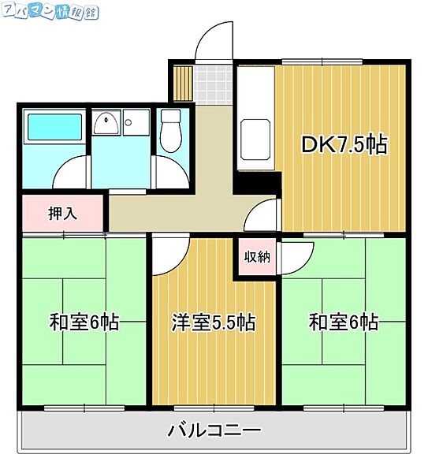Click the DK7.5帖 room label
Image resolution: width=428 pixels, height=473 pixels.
tap(344, 145)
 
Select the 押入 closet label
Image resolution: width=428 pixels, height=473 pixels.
tap(63, 213)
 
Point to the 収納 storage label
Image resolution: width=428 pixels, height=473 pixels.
tap(256, 255)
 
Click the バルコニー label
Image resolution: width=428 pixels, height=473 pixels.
tap(214, 431)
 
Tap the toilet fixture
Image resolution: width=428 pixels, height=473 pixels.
tap(170, 129)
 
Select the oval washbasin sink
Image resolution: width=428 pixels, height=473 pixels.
tap(105, 122)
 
